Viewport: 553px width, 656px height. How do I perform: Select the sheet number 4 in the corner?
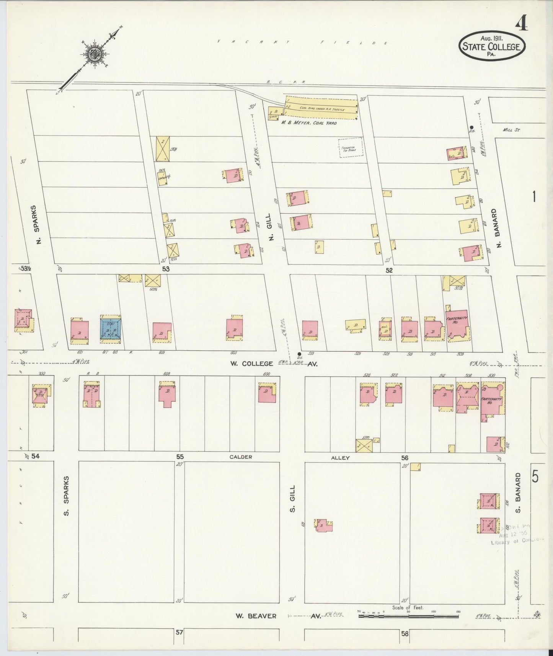[522, 24]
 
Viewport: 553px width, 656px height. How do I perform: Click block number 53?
[165, 269]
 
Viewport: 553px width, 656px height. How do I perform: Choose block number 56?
[405, 457]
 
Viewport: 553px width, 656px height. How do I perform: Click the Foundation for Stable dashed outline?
[350, 147]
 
